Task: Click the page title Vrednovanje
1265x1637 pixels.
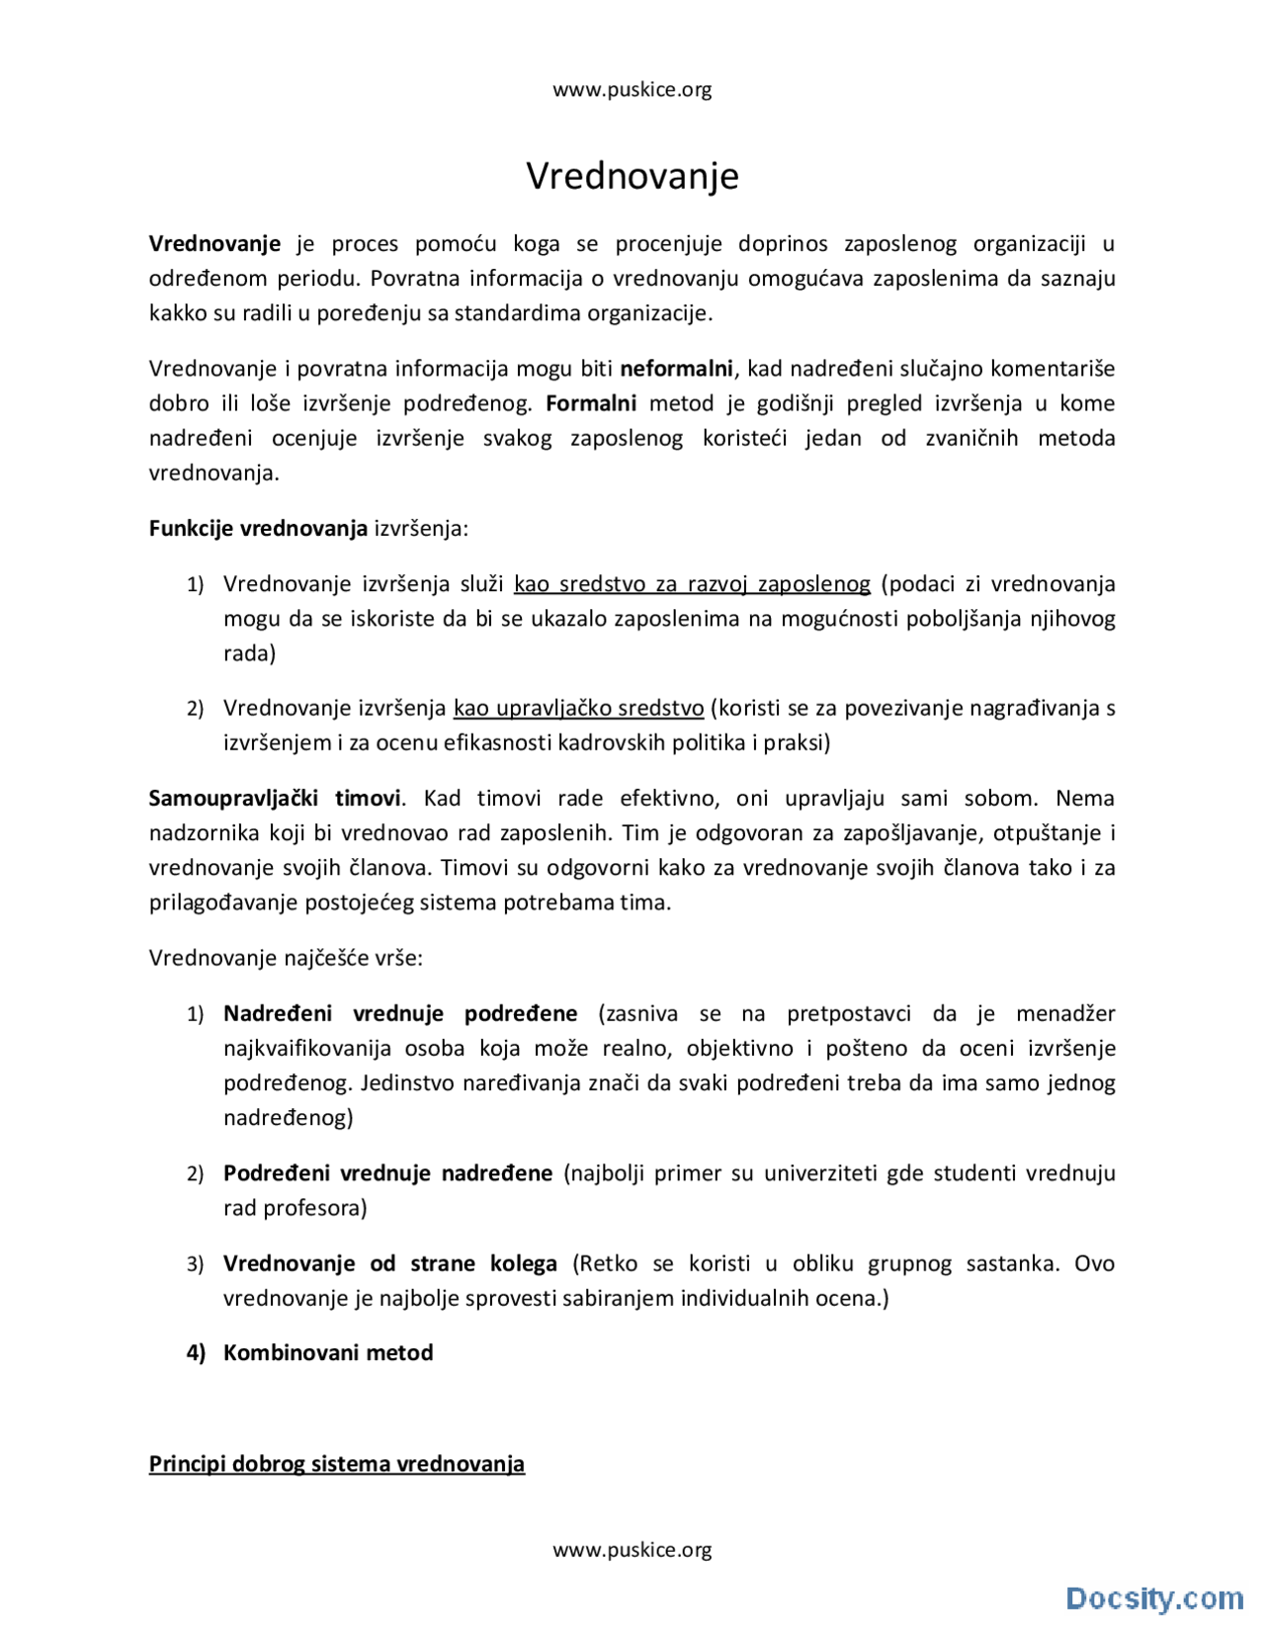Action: coord(632,176)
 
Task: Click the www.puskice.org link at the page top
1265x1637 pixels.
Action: coord(632,90)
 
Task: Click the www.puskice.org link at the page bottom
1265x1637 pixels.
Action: coord(632,1549)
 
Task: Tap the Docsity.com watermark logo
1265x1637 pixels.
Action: coord(1153,1597)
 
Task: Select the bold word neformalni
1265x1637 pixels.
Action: coord(676,369)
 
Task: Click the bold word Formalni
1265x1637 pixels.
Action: coord(591,403)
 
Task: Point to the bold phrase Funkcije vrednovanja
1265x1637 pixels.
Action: coord(258,528)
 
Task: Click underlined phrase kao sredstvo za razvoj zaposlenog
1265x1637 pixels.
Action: coord(692,584)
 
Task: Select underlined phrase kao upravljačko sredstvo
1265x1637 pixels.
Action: coord(578,708)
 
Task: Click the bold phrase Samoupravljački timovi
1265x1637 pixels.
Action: coord(275,799)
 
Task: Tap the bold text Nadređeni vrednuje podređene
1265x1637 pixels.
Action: coord(400,1013)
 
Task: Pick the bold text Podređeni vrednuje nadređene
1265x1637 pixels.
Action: coord(387,1173)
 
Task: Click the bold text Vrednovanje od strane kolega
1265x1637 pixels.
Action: coord(389,1263)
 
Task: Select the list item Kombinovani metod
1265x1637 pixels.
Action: coord(328,1352)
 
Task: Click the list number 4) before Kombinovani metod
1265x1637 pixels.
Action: coord(196,1352)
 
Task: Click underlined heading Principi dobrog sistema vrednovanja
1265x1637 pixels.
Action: coord(336,1464)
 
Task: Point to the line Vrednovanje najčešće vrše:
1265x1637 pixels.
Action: coord(286,958)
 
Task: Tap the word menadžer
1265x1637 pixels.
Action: coord(1065,1013)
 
